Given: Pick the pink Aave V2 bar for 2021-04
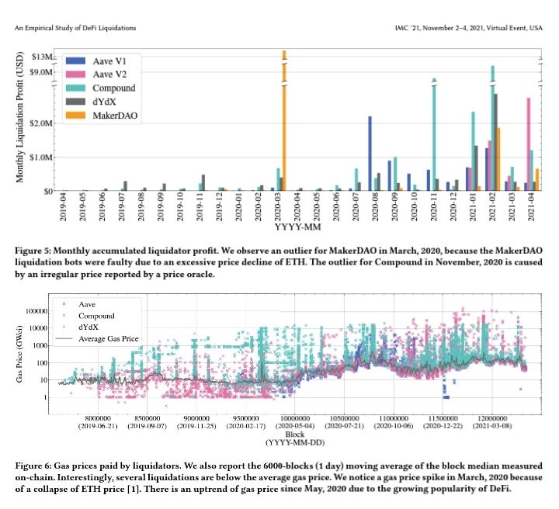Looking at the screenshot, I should point(529,144).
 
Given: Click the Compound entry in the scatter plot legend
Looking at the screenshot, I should point(97,317).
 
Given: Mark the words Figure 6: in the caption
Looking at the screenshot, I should point(37,465).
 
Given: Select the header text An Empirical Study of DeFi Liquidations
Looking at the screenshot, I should point(75,28).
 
